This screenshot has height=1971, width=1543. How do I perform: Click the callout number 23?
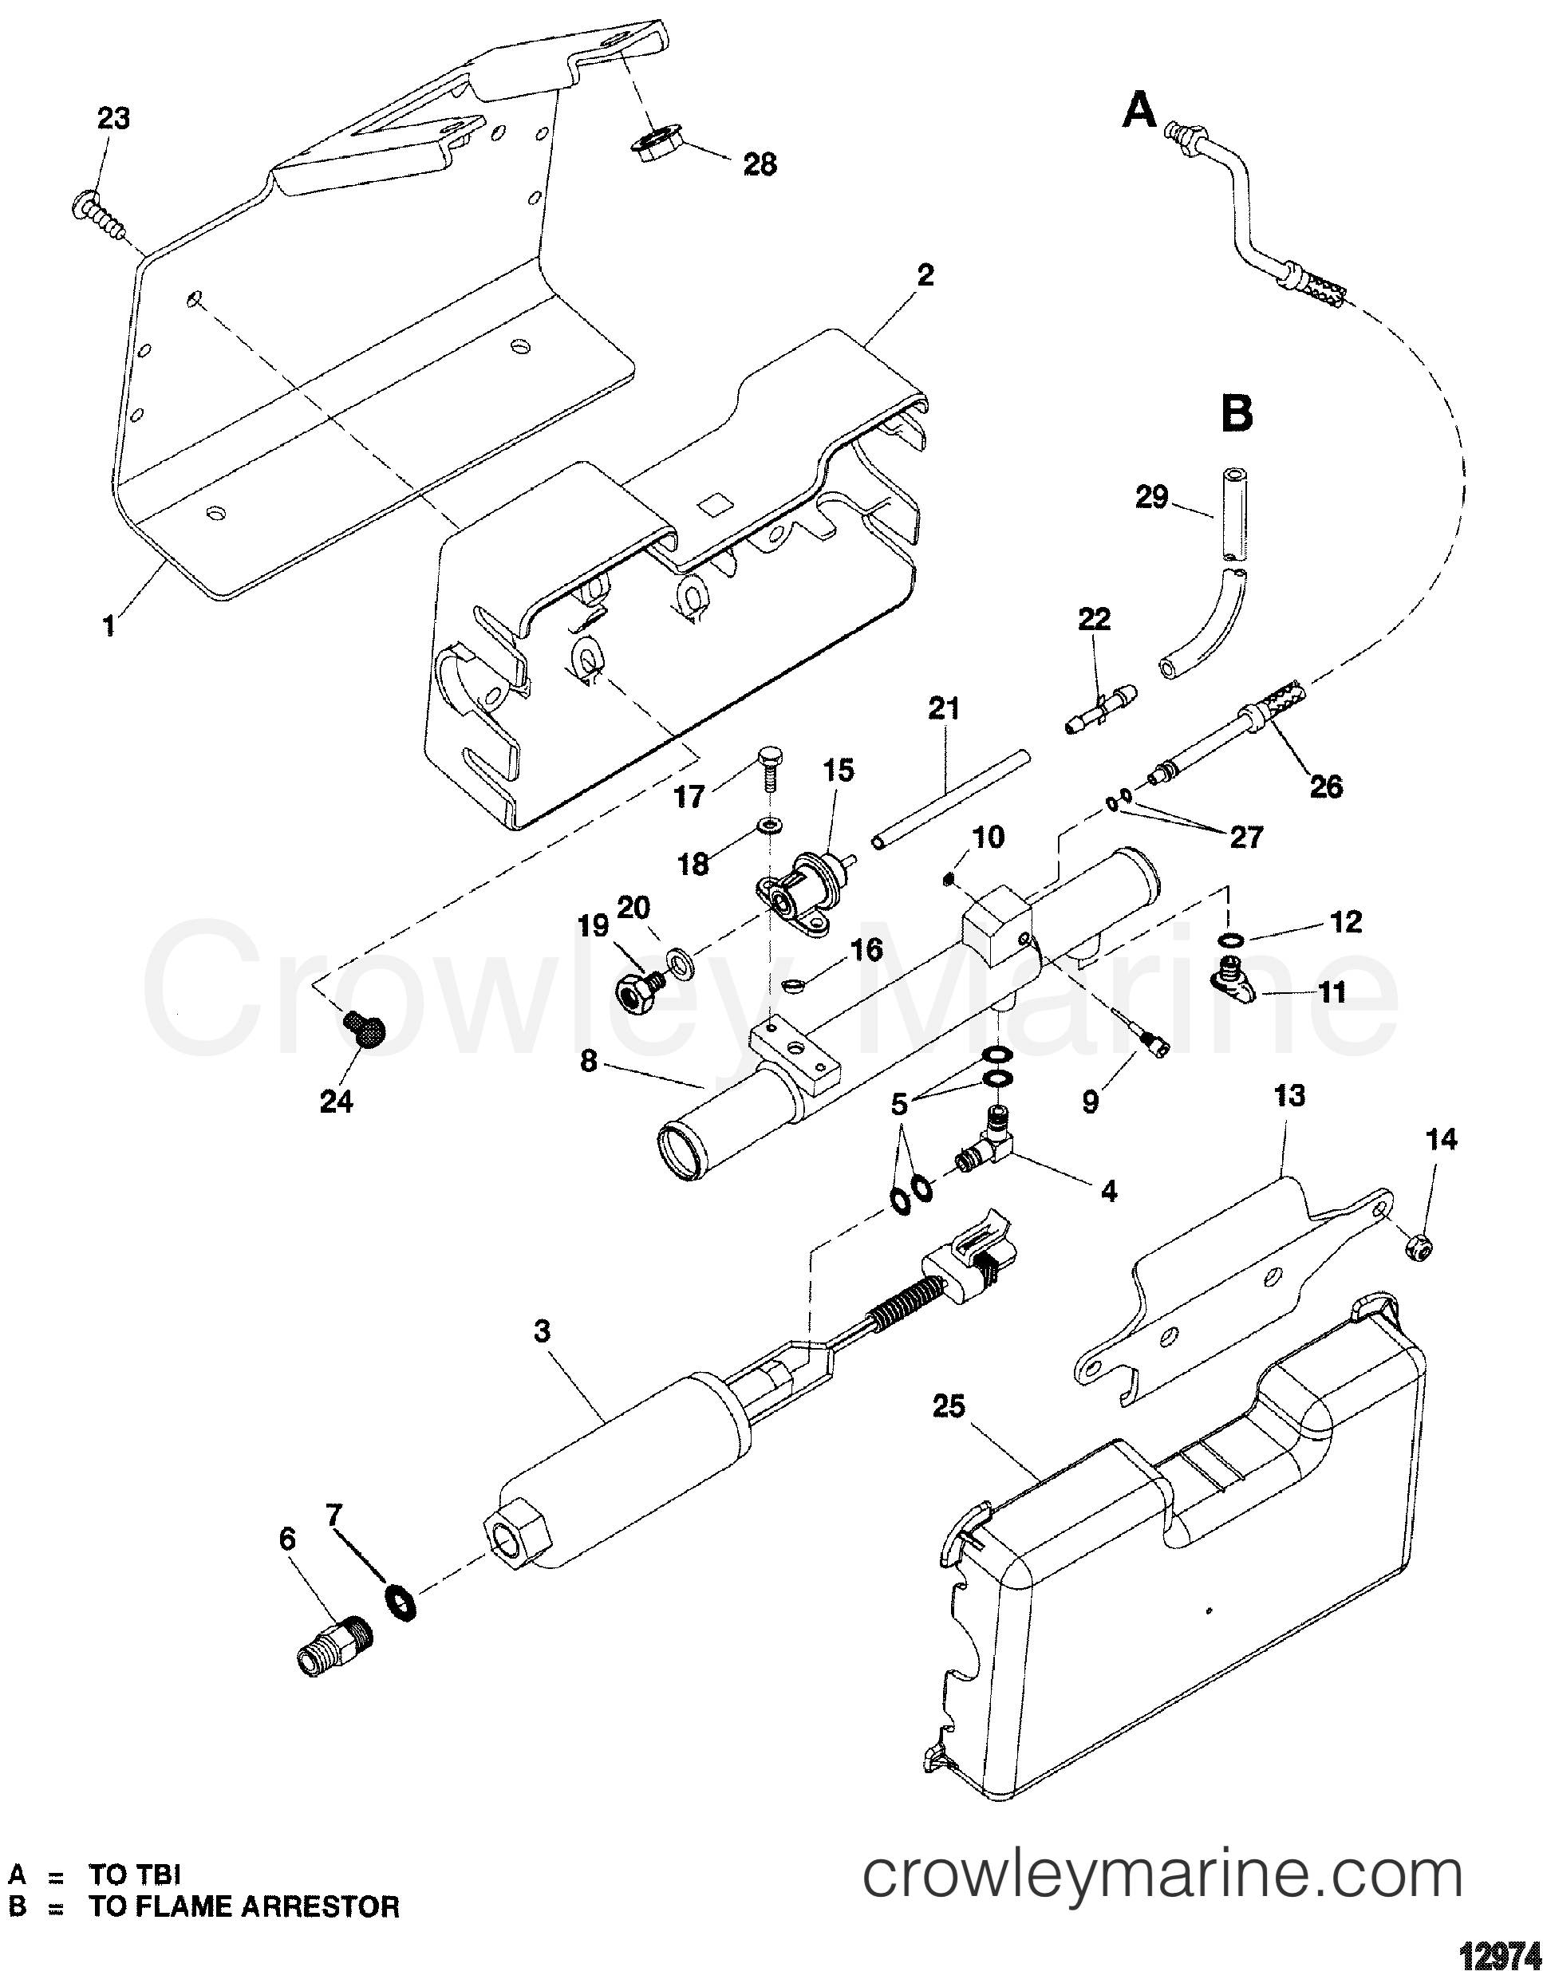pyautogui.click(x=113, y=118)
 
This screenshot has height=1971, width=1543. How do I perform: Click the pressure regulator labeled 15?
pyautogui.click(x=803, y=895)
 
